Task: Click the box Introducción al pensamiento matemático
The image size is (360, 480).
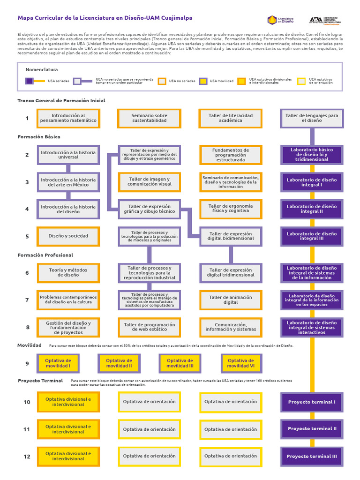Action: pyautogui.click(x=68, y=118)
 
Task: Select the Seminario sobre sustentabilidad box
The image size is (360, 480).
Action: pyautogui.click(x=149, y=118)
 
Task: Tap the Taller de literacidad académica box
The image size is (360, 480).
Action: pyautogui.click(x=231, y=118)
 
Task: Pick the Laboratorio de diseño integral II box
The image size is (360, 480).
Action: pyautogui.click(x=312, y=209)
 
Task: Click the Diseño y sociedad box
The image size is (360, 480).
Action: pyautogui.click(x=68, y=236)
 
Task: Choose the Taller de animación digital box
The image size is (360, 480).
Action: pyautogui.click(x=231, y=300)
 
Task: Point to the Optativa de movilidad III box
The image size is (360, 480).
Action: pyautogui.click(x=180, y=363)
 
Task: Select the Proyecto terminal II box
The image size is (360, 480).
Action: pyautogui.click(x=312, y=429)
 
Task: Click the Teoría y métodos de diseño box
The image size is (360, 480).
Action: pyautogui.click(x=68, y=273)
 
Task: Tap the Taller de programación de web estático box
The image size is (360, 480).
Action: pyautogui.click(x=149, y=327)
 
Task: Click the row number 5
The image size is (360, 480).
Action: pyautogui.click(x=27, y=237)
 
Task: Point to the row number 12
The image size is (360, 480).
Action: pyautogui.click(x=27, y=457)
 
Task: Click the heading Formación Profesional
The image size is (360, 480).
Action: pyautogui.click(x=45, y=255)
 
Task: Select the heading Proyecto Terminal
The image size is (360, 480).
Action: pyautogui.click(x=40, y=381)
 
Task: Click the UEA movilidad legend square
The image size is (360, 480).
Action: pyautogui.click(x=203, y=81)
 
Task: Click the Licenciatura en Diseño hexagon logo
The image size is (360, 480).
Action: pyautogui.click(x=272, y=20)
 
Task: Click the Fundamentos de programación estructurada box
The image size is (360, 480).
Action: pyautogui.click(x=231, y=155)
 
